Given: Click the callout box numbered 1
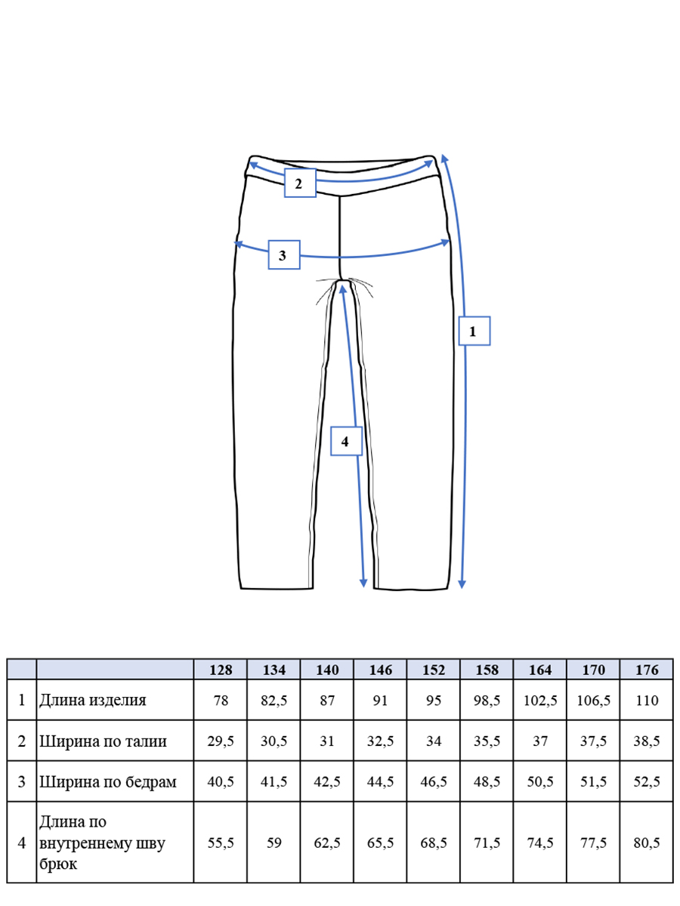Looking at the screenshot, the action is click(x=474, y=331).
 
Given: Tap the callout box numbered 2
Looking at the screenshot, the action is click(x=300, y=183).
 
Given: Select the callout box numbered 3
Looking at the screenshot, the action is click(x=284, y=254).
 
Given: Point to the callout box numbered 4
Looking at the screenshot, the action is click(x=346, y=441).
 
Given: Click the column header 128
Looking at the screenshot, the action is click(x=221, y=670).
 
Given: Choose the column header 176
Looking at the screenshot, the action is click(x=647, y=670).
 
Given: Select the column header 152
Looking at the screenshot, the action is click(x=434, y=670).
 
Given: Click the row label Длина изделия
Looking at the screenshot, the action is click(x=93, y=701).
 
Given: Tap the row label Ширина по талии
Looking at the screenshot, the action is click(x=104, y=741).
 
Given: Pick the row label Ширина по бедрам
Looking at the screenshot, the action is click(x=108, y=781).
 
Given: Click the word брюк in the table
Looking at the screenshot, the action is click(x=58, y=863).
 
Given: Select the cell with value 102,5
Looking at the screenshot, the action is click(x=540, y=701).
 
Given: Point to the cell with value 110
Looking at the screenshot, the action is click(x=647, y=701).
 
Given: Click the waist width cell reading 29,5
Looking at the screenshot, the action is click(x=221, y=741).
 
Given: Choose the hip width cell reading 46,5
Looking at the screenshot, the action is click(x=434, y=781).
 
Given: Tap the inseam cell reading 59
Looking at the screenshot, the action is click(x=274, y=843).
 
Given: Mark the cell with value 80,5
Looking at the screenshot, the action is click(x=647, y=843).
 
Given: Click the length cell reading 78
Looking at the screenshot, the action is click(x=221, y=701).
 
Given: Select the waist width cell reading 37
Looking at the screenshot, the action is click(x=540, y=741).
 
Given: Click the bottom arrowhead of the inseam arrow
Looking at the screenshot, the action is click(x=363, y=584).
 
